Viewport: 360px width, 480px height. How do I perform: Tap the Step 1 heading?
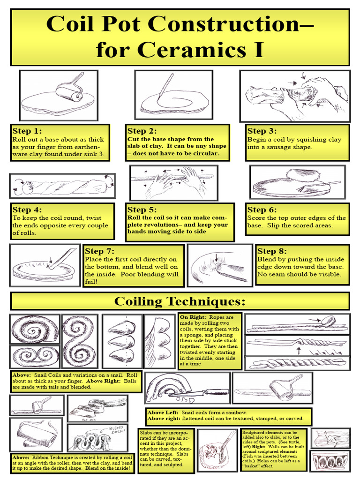coord(27,131)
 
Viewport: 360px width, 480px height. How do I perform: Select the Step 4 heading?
coord(27,210)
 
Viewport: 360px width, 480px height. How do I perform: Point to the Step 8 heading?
coord(273,251)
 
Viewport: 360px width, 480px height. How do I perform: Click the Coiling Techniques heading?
coord(180,300)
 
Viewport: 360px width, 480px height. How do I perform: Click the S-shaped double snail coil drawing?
coord(78,341)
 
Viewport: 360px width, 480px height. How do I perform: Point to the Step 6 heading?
coord(262,210)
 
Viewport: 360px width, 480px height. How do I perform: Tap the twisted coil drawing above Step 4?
coord(62,186)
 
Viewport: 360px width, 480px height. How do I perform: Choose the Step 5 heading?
coord(142,210)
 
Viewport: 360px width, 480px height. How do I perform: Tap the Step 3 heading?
coord(262,131)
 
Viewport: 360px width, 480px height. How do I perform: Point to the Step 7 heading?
coord(99,251)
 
